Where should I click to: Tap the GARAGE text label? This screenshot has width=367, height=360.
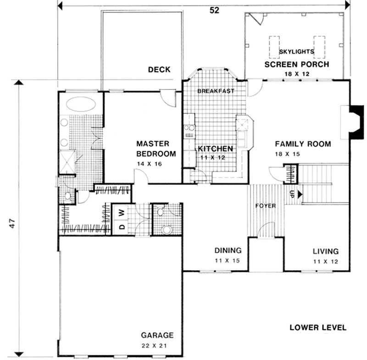tap(157, 335)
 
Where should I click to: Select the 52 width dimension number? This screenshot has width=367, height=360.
tap(214, 11)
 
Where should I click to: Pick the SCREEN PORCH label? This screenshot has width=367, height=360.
tap(296, 64)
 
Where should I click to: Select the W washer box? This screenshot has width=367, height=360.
tap(122, 212)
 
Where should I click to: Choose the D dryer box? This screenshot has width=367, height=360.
tap(122, 227)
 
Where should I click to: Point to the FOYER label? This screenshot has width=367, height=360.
tap(266, 206)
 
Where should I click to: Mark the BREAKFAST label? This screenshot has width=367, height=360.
tap(216, 91)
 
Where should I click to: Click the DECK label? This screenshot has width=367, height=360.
tap(159, 70)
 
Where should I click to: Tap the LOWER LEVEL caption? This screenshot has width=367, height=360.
tap(318, 327)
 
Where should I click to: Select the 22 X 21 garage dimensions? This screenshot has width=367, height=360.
tap(157, 345)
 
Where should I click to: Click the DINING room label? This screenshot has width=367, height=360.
tap(228, 250)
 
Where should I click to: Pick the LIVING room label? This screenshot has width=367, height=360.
tap(325, 251)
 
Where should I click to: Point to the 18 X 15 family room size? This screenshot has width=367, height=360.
tap(287, 154)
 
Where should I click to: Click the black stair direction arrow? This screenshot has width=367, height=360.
tap(300, 194)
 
